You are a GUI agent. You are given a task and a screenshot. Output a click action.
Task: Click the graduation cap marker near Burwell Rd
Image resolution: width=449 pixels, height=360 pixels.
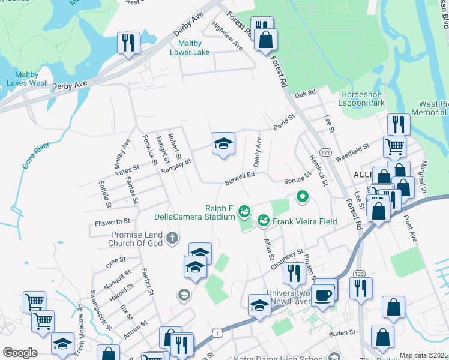pos(223,144)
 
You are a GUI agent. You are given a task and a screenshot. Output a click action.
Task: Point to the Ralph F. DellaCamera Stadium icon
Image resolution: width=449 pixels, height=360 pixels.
pos(244,211)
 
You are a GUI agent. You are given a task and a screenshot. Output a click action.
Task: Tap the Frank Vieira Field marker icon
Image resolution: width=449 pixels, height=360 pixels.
pos(263,221)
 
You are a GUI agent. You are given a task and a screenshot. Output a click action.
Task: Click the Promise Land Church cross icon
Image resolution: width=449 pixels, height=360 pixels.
pos(172,238)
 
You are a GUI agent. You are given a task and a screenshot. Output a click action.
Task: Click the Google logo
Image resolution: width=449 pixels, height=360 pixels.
pos(20,352)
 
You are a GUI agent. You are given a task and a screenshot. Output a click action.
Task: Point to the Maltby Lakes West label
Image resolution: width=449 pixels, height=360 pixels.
pos(27,79)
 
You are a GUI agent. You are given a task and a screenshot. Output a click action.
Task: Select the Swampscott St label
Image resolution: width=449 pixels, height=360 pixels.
pos(100,310)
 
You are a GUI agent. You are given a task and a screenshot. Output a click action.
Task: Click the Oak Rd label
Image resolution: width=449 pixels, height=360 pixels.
pos(305,94)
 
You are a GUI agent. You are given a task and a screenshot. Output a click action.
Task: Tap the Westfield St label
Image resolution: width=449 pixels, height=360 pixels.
pos(352,148)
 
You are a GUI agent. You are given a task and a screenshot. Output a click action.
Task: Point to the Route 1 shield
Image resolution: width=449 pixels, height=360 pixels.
pos(215,332)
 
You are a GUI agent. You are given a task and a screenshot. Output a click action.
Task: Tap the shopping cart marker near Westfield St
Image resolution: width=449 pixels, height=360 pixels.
pos(395,145)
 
